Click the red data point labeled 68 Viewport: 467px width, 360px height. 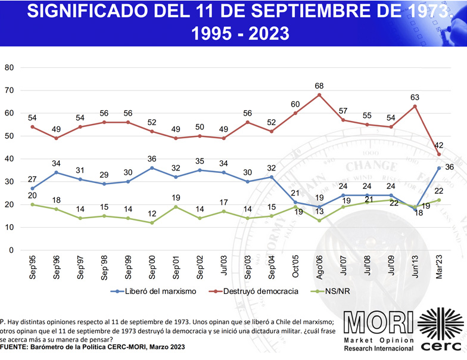pyautogui.click(x=319, y=95)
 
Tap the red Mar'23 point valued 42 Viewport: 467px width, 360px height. pyautogui.click(x=438, y=154)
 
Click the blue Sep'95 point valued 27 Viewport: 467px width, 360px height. pyautogui.click(x=32, y=188)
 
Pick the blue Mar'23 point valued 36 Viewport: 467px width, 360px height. pyautogui.click(x=438, y=168)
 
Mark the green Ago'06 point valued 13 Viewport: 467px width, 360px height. pyautogui.click(x=319, y=221)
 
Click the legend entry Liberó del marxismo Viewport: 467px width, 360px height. pyautogui.click(x=149, y=291)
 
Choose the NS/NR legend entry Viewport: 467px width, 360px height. pyautogui.click(x=334, y=291)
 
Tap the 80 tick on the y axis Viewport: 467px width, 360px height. pyautogui.click(x=9, y=67)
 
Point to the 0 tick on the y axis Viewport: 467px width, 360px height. pyautogui.click(x=11, y=250)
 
